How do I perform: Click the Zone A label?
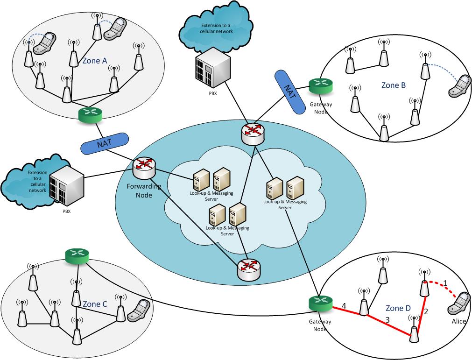(94, 60)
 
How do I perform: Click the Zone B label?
(393, 85)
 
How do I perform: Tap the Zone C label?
(95, 304)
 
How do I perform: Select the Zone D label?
(399, 308)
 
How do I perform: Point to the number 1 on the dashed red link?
(445, 283)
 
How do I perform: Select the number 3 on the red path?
(387, 320)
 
